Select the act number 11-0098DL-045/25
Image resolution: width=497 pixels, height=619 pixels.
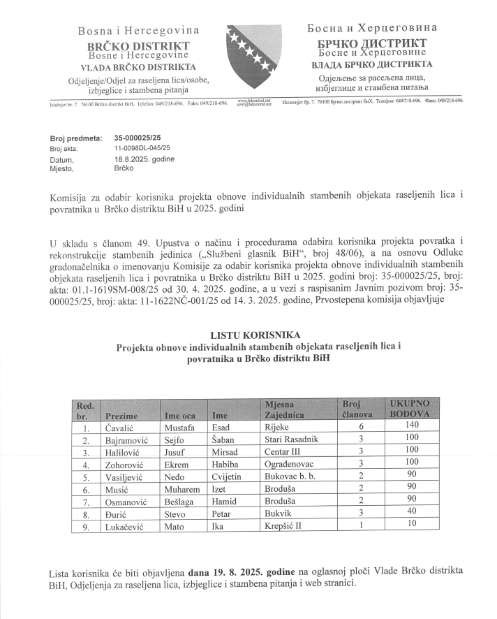click(142, 149)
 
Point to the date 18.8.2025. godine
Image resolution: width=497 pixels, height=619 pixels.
click(144, 159)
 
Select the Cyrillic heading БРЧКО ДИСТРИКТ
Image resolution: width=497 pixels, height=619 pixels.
click(372, 43)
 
